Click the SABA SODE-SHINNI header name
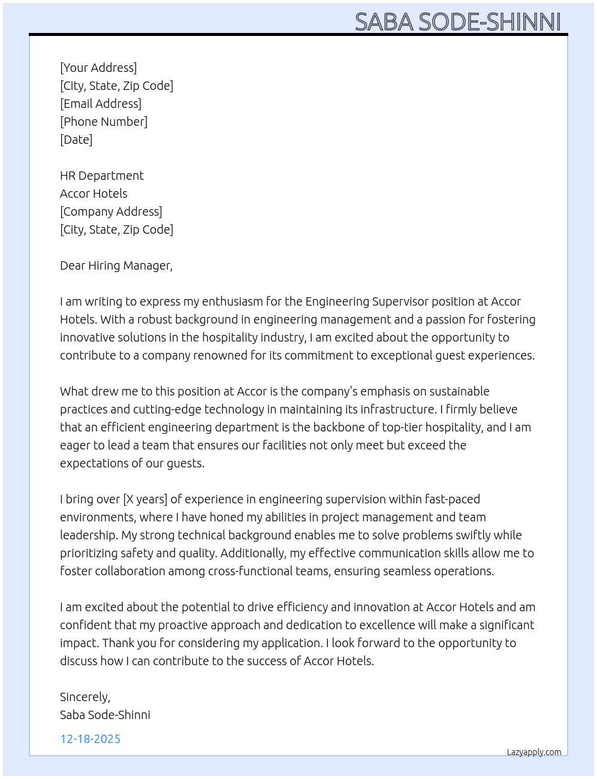tap(457, 22)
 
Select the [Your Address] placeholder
tap(98, 68)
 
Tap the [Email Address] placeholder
tap(101, 104)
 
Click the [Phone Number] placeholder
tap(104, 122)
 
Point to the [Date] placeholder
tap(76, 140)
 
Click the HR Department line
tap(102, 176)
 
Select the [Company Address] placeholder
tap(111, 212)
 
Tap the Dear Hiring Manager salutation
tap(116, 265)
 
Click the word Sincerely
tap(85, 697)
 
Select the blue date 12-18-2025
tap(91, 739)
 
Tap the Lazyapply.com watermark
tap(534, 752)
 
